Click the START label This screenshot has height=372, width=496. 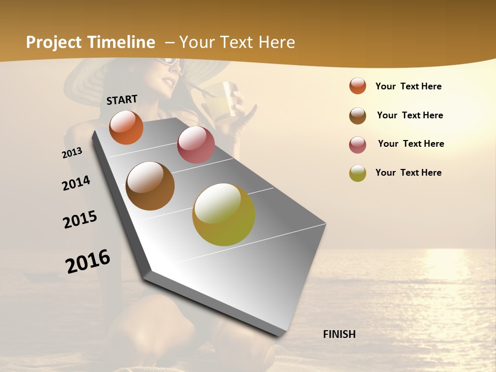tap(122, 100)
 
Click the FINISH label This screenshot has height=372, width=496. tap(339, 334)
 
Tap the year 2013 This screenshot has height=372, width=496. tap(72, 152)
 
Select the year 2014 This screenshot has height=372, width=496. tap(76, 183)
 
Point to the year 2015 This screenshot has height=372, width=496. tap(80, 220)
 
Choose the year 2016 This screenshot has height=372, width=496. tap(88, 261)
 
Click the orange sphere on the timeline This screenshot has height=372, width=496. tap(126, 127)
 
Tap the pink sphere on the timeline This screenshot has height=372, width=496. tap(196, 145)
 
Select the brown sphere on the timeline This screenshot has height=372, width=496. tap(150, 186)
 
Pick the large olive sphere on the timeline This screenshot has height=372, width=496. tap(224, 214)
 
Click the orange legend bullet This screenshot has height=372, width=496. tap(358, 86)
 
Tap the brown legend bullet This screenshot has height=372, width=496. tap(358, 116)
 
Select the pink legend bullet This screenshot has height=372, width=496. tap(358, 145)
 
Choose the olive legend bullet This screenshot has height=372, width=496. tap(358, 173)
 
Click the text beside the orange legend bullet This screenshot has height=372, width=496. tap(408, 86)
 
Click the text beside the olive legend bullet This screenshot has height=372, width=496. tap(408, 173)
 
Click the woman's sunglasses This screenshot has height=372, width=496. tap(170, 63)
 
